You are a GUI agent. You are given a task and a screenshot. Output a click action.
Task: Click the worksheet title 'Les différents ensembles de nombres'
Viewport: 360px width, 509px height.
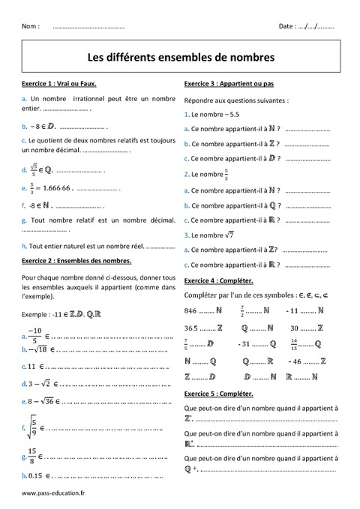[x=181, y=56]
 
